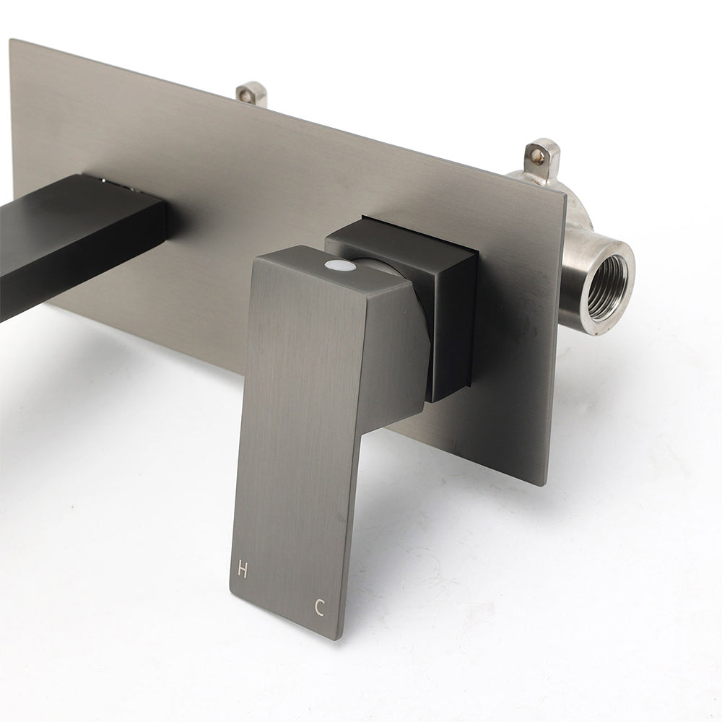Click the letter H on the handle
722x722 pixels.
(242, 570)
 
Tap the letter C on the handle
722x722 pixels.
(320, 607)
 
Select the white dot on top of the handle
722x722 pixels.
(340, 265)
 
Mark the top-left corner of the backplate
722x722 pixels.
(10, 40)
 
